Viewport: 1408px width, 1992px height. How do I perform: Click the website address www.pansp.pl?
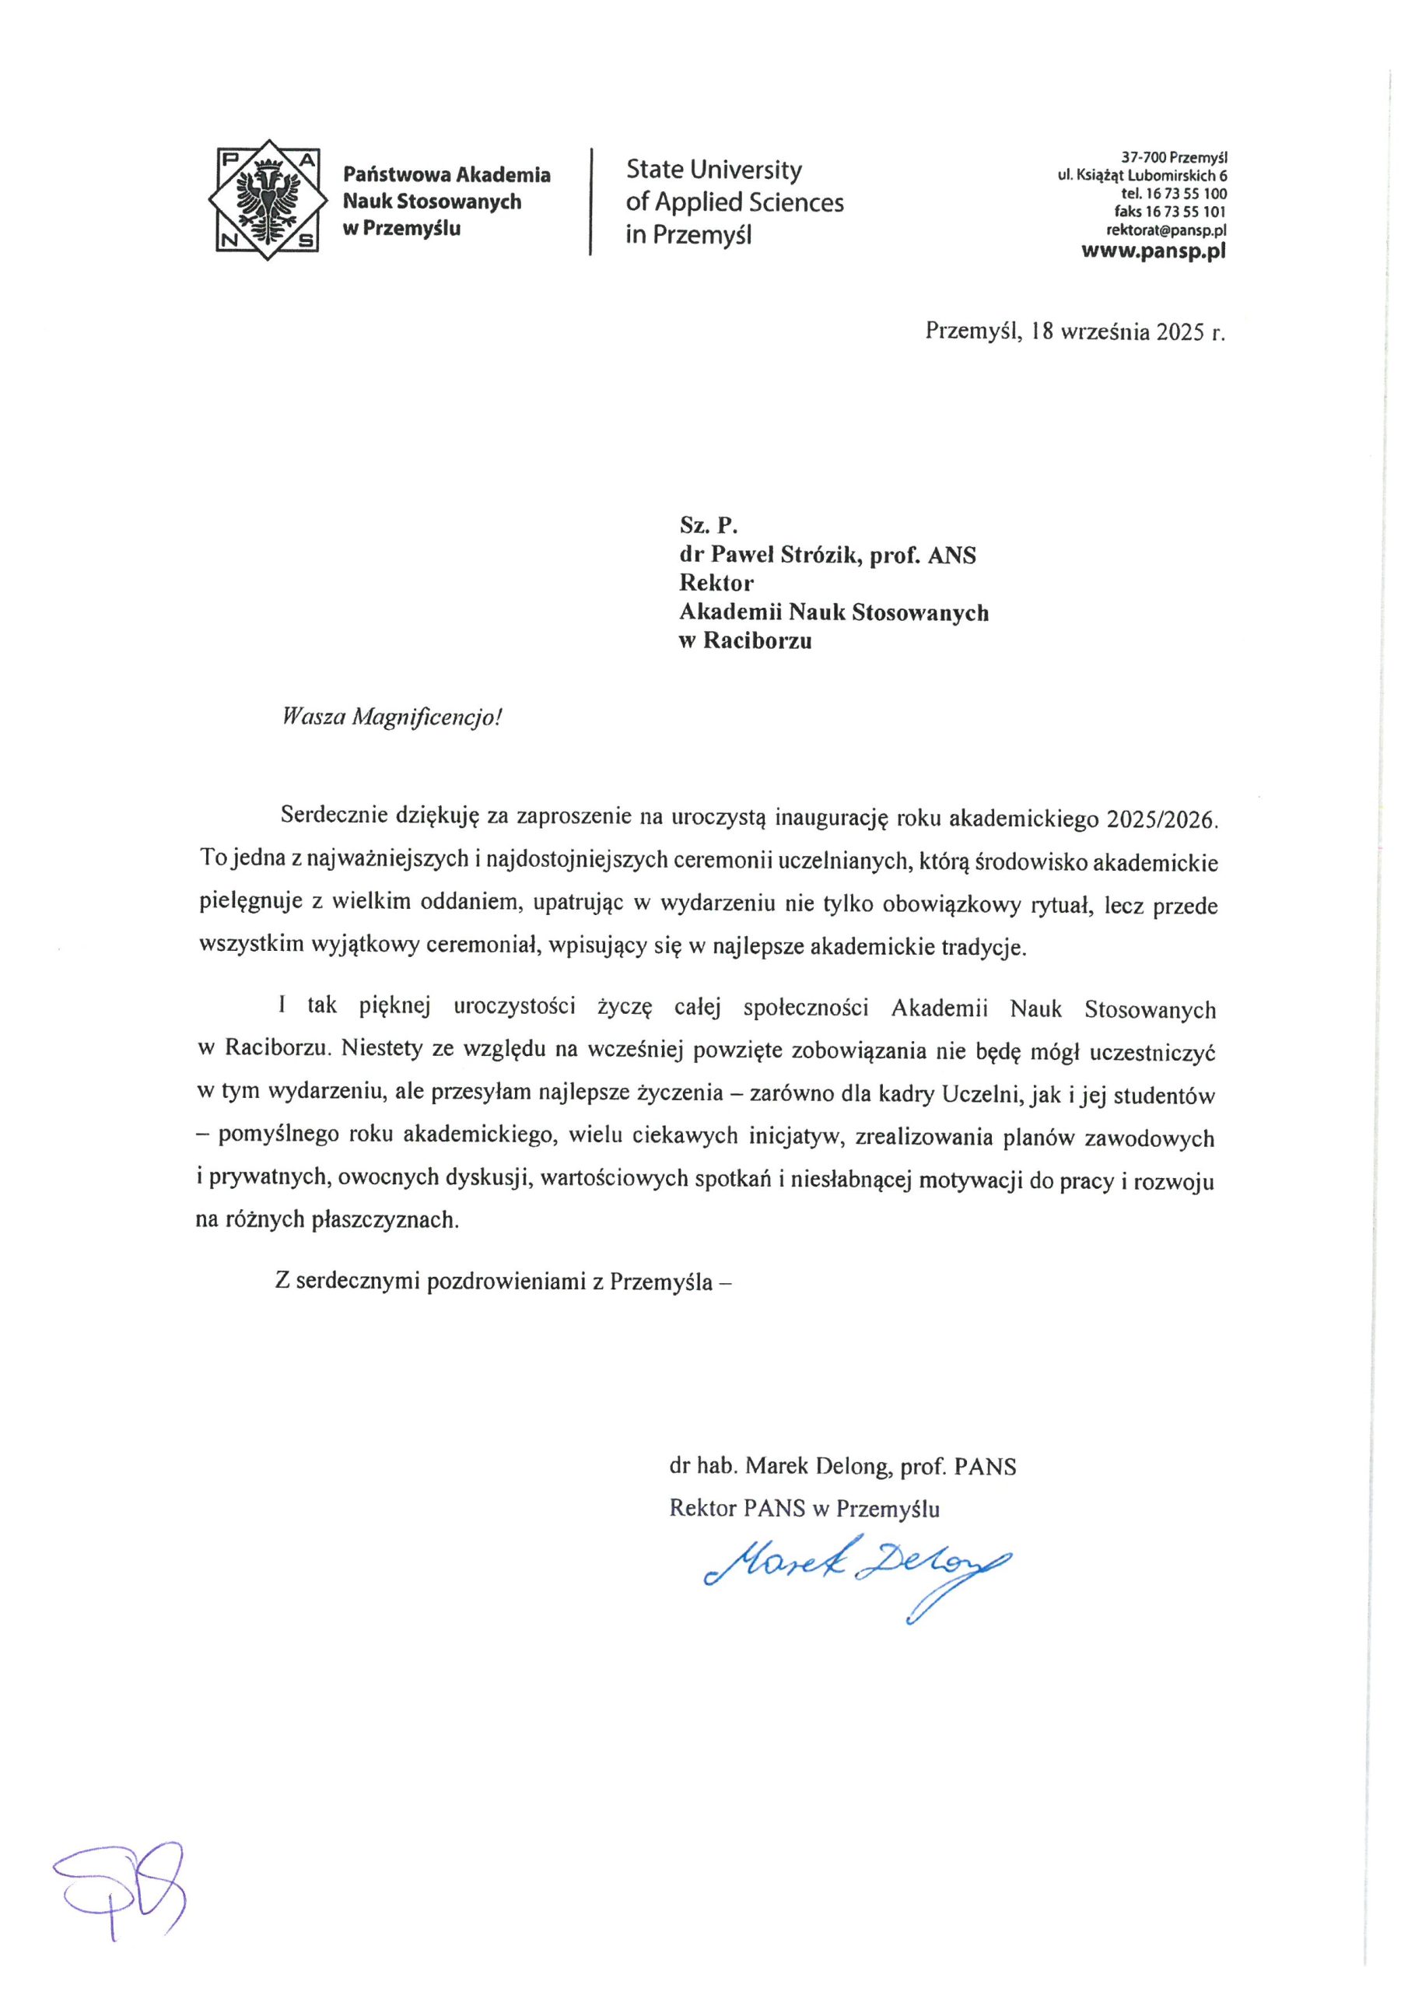click(1153, 251)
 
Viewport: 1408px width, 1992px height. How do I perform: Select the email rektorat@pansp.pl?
click(1165, 230)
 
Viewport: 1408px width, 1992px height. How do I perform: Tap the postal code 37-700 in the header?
click(1144, 158)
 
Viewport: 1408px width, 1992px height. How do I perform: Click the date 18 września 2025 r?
click(1128, 331)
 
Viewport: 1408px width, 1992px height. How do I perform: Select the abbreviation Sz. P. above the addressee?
click(708, 525)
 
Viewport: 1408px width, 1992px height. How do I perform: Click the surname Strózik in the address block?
click(820, 556)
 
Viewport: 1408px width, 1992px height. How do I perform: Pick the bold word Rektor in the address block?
click(716, 583)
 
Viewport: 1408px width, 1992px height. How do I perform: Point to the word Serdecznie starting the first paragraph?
click(333, 816)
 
